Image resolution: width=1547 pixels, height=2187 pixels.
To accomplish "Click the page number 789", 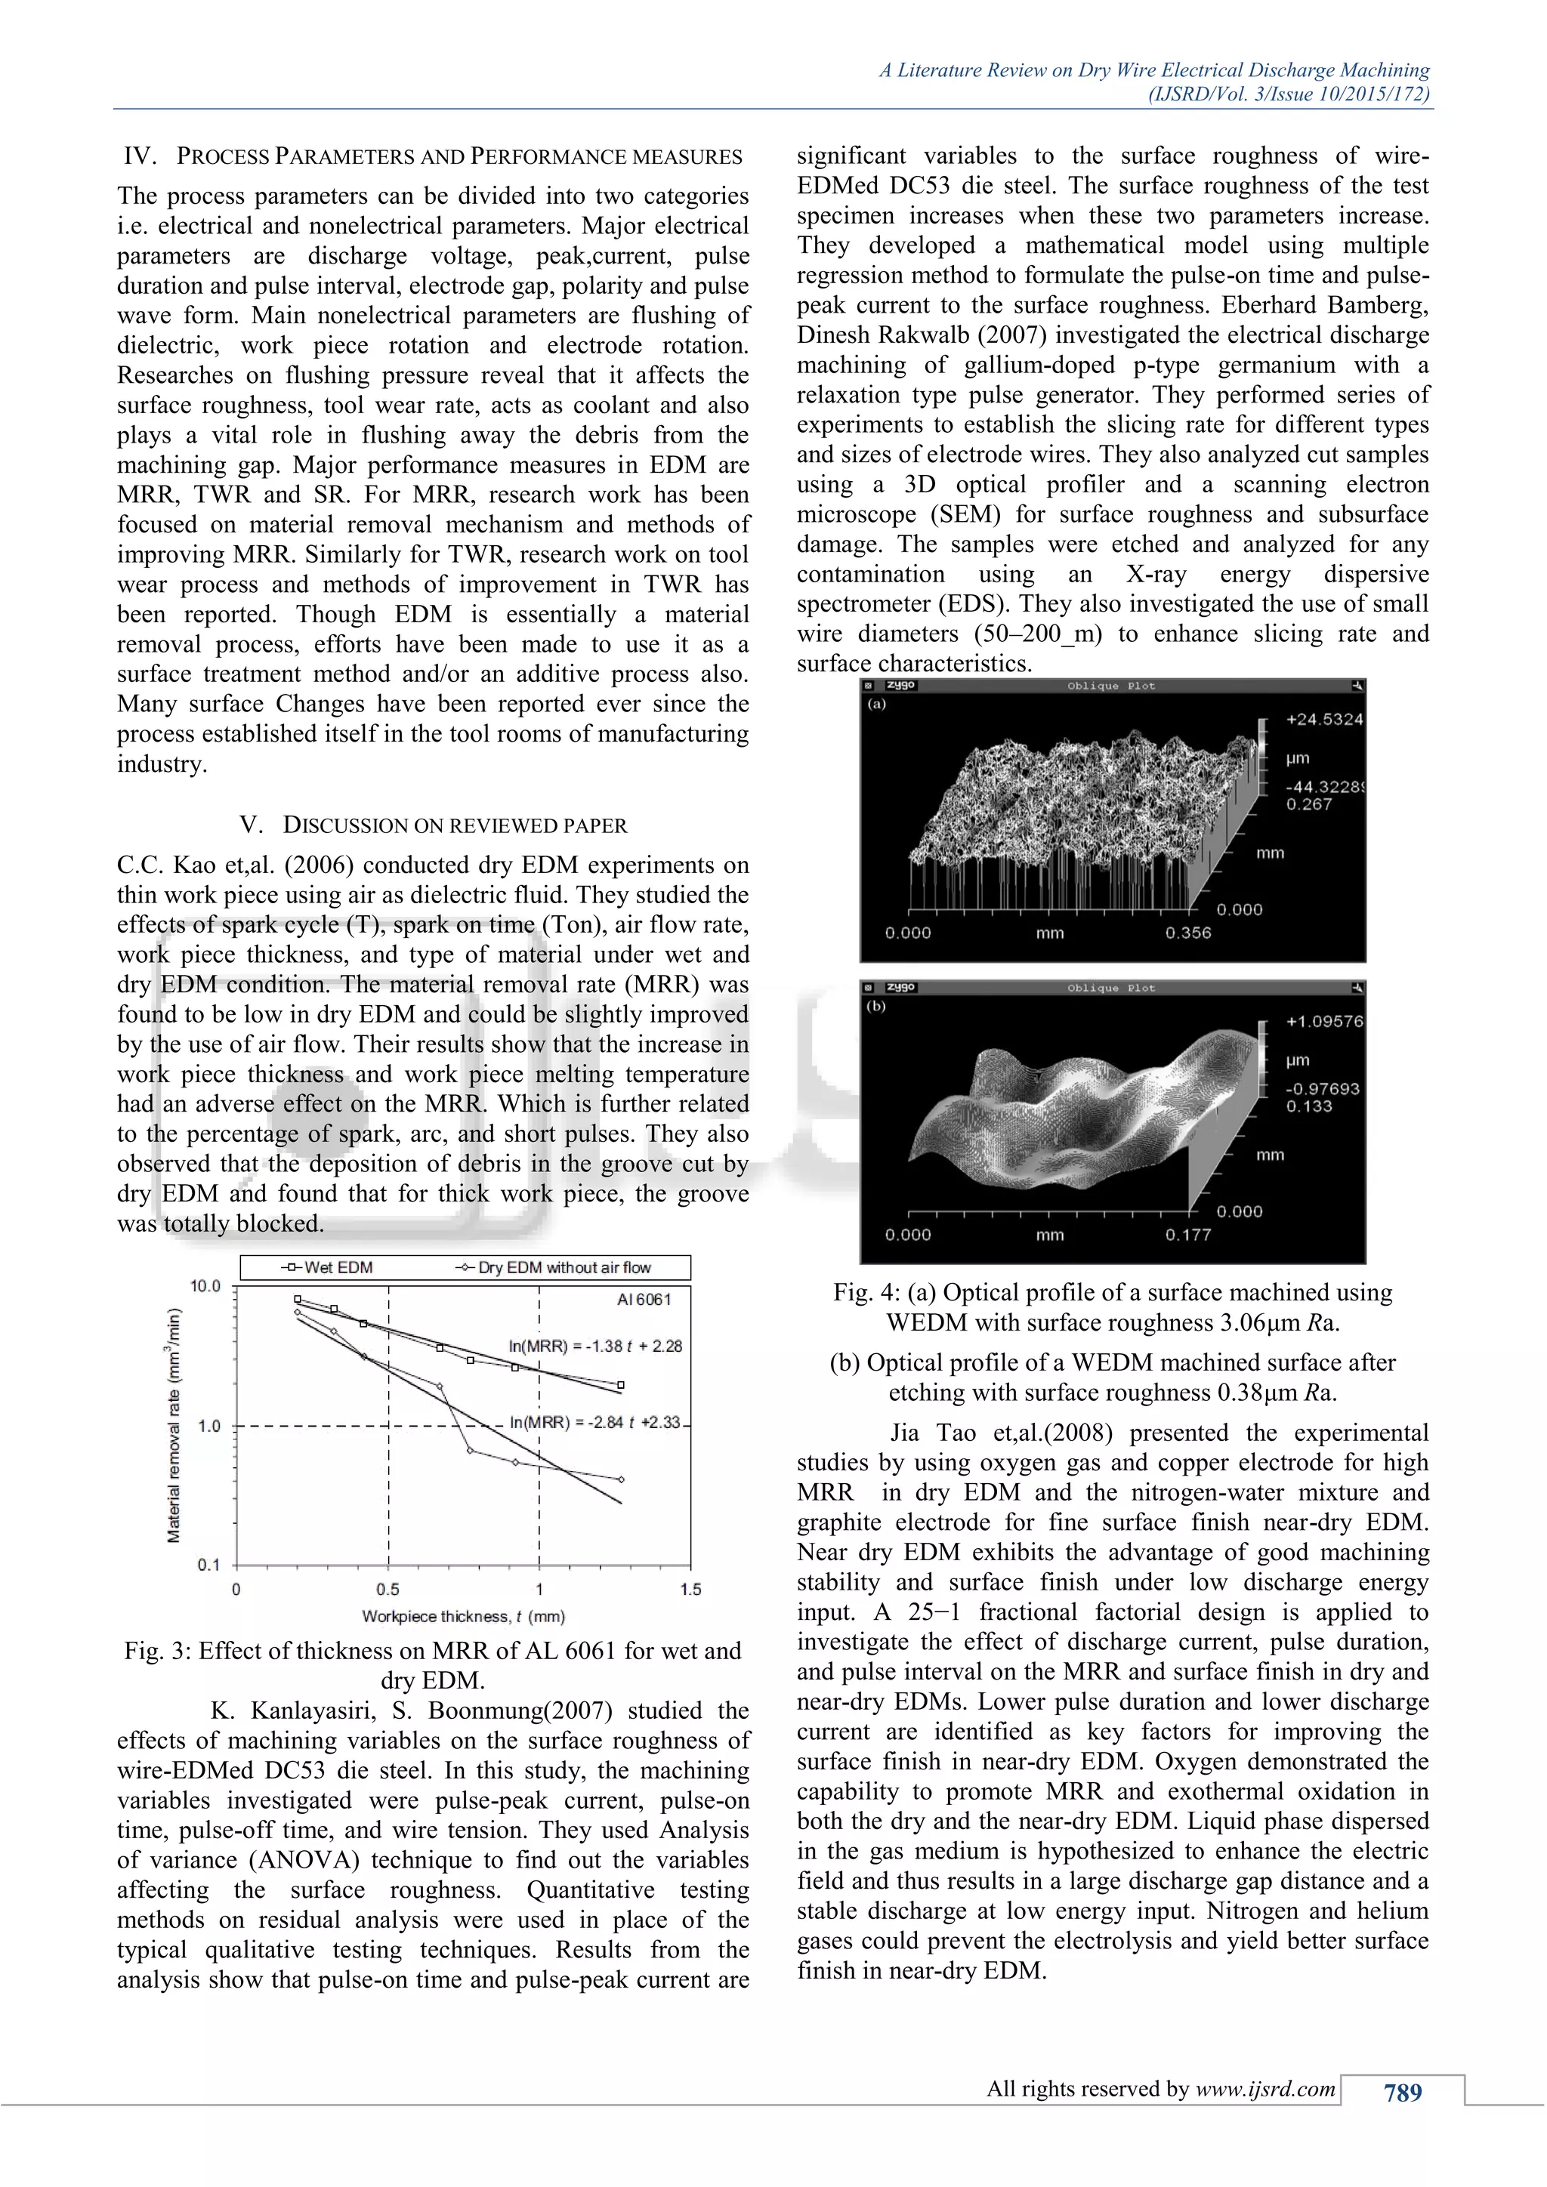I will coord(1402,2093).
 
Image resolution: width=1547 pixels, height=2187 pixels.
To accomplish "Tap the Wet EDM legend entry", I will coord(328,1268).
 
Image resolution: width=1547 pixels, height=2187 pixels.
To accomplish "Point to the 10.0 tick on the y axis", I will coord(205,1286).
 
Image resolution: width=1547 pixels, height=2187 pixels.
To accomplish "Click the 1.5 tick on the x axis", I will coord(690,1589).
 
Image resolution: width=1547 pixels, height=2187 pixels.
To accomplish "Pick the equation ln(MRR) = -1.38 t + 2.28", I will coord(595,1346).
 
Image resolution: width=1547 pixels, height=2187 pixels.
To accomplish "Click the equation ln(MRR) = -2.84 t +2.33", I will coord(595,1422).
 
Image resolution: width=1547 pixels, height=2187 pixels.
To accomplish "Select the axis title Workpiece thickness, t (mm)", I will coord(463,1616).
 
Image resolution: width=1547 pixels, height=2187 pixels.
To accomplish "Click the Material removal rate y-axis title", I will coord(174,1425).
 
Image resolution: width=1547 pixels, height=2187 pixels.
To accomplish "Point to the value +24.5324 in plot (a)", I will coord(1324,719).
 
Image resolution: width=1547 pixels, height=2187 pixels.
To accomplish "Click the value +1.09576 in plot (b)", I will coord(1324,1021).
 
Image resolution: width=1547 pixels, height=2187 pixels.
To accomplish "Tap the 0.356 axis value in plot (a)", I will coord(1188,933).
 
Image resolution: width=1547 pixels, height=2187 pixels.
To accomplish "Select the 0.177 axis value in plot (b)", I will coord(1188,1235).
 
